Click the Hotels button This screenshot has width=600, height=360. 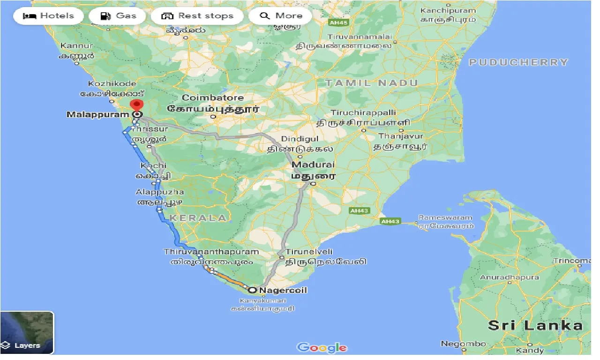pos(48,16)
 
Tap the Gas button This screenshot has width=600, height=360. pos(119,16)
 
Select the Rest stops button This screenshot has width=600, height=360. pos(197,16)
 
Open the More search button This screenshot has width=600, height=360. pos(281,16)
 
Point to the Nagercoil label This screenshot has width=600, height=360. pos(283,290)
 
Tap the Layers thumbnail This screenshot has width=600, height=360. pos(27,332)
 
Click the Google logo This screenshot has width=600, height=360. pos(322,347)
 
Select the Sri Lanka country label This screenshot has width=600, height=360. pos(535,325)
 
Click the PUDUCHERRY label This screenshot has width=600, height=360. pos(518,62)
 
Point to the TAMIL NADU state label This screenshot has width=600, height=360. pos(371,83)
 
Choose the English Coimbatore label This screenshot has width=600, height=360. pos(213,98)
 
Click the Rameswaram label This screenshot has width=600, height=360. pos(445,217)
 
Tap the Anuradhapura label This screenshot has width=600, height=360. pos(509,277)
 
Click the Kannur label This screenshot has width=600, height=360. pos(76,46)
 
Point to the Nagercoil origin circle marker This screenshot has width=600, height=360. pos(253,290)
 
